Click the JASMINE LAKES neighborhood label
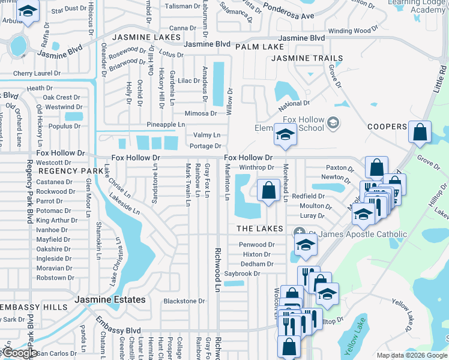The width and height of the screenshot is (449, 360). (x=146, y=37)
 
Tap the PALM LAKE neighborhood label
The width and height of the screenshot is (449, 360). (x=259, y=47)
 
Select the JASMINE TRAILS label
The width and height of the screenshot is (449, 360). (x=307, y=58)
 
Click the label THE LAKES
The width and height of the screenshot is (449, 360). (x=259, y=229)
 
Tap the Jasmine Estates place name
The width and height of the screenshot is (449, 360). (x=110, y=299)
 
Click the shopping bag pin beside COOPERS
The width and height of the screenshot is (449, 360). (x=420, y=131)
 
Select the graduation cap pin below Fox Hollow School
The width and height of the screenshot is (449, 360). (x=285, y=134)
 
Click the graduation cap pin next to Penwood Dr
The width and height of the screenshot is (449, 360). (x=306, y=244)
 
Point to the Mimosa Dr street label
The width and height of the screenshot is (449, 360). (x=200, y=113)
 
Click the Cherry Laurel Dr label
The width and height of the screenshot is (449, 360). (x=37, y=73)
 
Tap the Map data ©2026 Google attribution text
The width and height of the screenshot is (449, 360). (x=411, y=355)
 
